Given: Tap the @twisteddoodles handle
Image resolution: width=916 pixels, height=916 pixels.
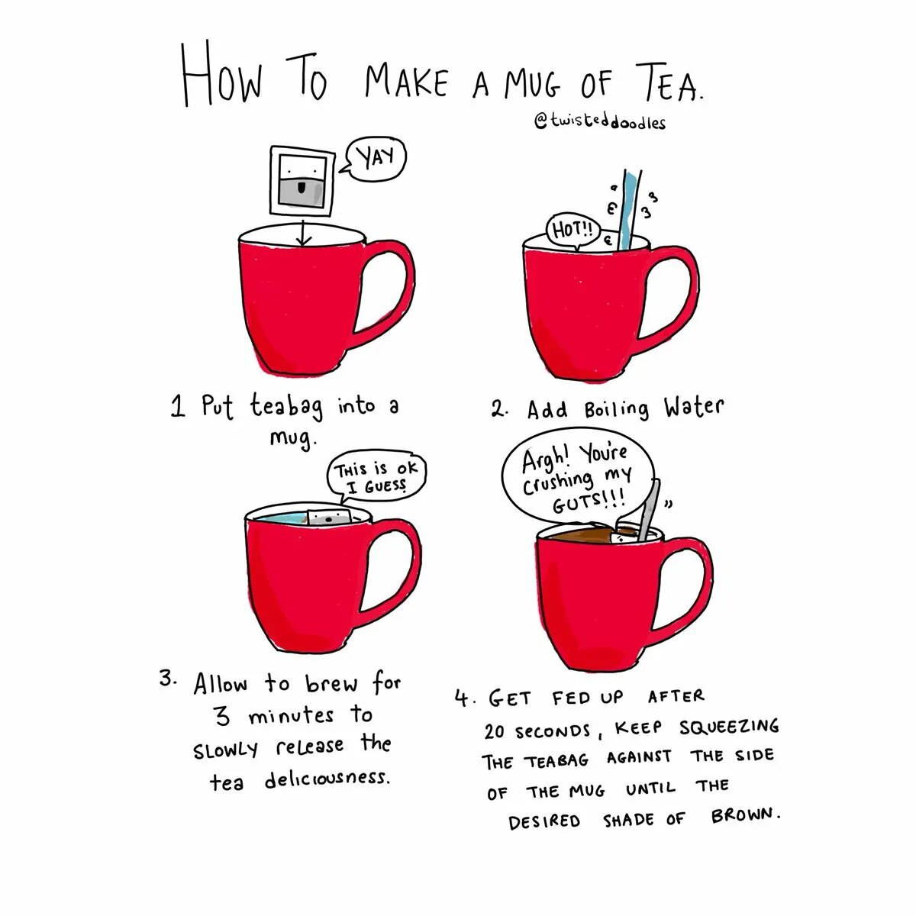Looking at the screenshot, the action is (x=600, y=122).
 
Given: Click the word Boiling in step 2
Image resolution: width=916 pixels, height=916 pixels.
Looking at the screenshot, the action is (x=616, y=408).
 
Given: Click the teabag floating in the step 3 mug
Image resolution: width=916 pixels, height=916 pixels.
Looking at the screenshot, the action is (x=329, y=516).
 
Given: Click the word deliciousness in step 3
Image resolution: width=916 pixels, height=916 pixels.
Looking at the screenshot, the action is (x=327, y=779).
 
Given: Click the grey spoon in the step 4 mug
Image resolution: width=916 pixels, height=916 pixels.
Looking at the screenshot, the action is (x=649, y=510).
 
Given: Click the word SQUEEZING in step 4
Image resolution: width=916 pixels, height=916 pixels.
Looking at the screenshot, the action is (x=729, y=727).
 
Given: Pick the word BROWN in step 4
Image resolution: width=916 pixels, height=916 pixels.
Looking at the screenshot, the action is (x=744, y=816).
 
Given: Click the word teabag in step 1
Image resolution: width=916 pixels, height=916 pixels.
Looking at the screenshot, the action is (x=286, y=408).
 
